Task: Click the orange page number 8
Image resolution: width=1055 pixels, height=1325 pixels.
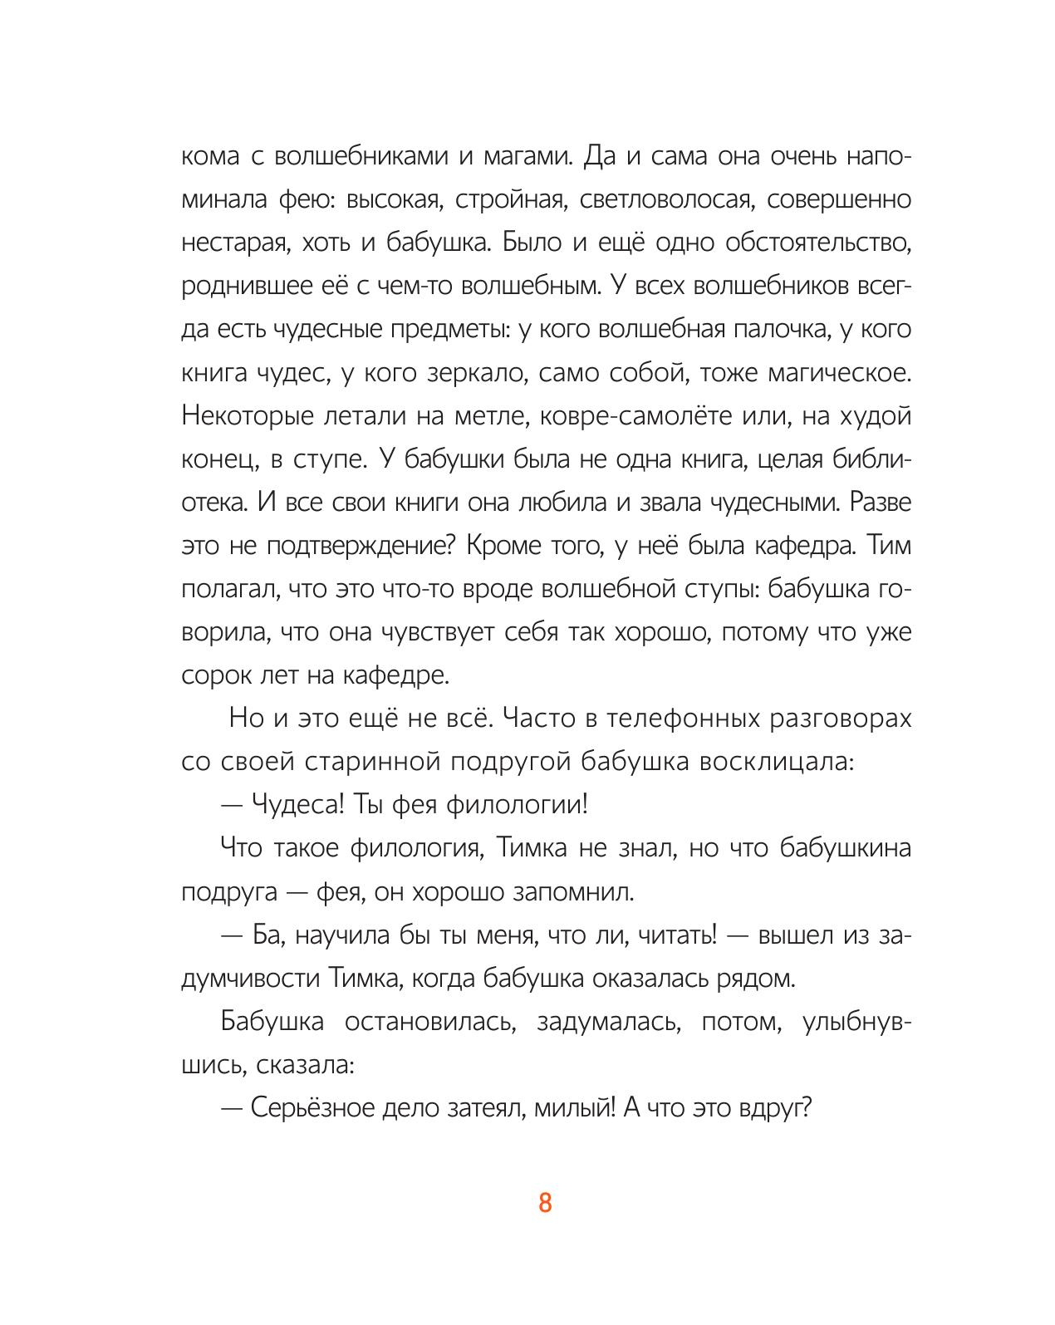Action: pyautogui.click(x=545, y=1202)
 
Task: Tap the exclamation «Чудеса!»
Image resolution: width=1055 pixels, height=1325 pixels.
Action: pyautogui.click(x=296, y=804)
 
